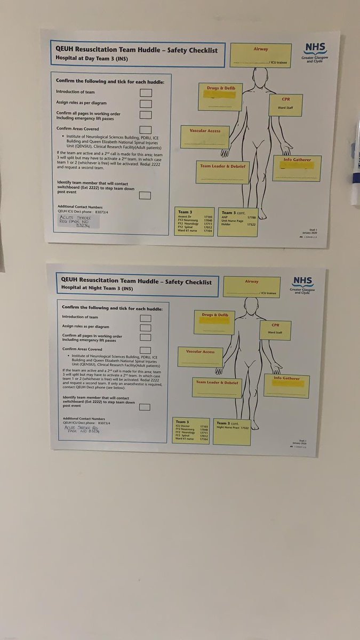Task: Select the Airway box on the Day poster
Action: point(261,55)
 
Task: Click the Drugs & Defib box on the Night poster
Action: point(214,322)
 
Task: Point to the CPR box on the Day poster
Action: point(285,105)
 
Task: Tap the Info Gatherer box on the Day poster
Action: point(297,168)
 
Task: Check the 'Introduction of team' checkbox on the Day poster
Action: point(146,93)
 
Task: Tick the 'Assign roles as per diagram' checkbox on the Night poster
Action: point(145,328)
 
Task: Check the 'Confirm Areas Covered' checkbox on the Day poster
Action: point(145,130)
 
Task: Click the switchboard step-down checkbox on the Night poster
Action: point(144,407)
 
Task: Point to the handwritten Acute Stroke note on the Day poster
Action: point(75,221)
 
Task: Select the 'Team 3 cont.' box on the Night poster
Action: point(232,431)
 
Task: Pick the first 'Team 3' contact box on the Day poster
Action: point(194,221)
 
